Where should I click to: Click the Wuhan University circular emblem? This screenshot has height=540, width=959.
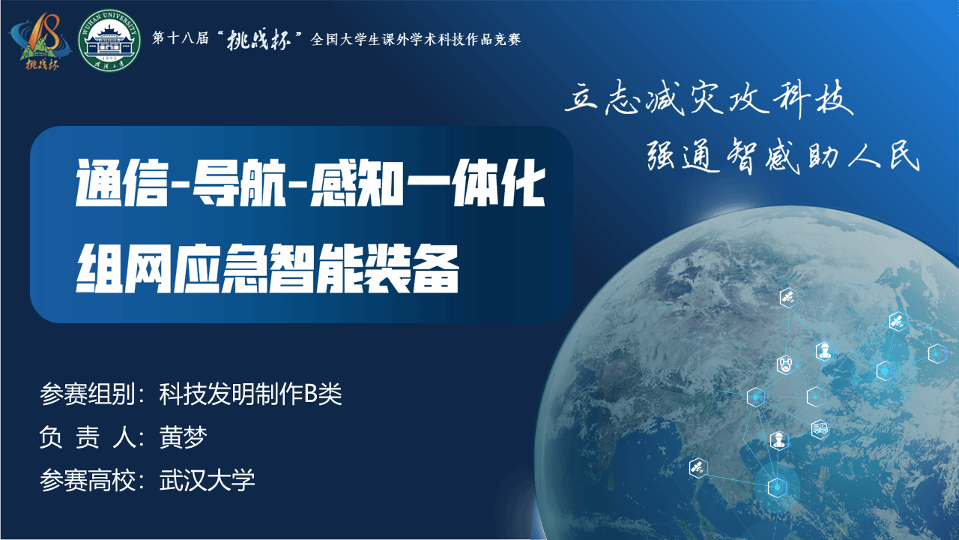tap(109, 40)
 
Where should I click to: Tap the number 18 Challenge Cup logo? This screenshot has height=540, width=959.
tap(40, 41)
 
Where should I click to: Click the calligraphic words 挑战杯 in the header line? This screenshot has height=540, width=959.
tap(258, 40)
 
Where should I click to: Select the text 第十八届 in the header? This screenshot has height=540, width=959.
tap(181, 38)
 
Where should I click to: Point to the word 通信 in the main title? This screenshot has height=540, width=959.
tap(122, 183)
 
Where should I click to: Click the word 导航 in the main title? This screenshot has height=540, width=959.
tap(239, 183)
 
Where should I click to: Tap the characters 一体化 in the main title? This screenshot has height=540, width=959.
tap(476, 183)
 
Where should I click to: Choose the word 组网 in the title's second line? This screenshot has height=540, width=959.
tap(124, 268)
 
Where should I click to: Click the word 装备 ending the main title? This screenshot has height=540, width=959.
tap(411, 268)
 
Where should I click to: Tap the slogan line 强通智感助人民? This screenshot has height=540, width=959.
tap(783, 156)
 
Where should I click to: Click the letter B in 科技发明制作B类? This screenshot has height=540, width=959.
tap(310, 394)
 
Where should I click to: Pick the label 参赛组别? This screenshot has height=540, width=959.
tap(88, 394)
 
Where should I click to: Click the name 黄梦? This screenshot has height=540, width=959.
tap(184, 437)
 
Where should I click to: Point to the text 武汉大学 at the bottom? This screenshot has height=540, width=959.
tap(208, 480)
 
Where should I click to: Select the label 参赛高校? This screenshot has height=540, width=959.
tap(88, 480)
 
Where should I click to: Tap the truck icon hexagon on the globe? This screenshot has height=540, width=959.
tap(820, 428)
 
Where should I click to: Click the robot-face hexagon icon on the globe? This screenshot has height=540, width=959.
tap(785, 365)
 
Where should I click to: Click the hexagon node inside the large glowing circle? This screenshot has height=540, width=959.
tap(777, 487)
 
